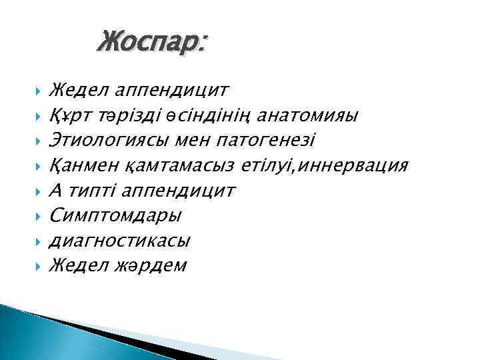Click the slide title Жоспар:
click(x=152, y=43)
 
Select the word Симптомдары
click(x=115, y=215)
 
